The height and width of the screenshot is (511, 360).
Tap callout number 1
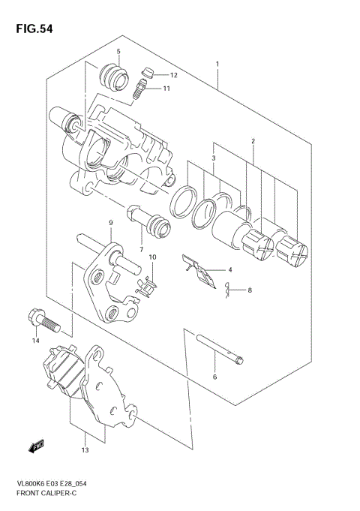coord(217,65)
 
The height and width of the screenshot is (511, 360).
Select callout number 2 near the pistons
coord(253,140)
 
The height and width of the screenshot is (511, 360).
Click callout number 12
coord(173,75)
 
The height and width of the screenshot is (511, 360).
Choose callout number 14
coord(34,341)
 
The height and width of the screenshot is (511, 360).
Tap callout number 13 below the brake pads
coord(85,450)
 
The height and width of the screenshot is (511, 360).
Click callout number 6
coord(214,377)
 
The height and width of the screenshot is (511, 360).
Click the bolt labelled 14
coord(40,321)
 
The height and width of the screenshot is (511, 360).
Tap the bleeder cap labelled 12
coord(147,73)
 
